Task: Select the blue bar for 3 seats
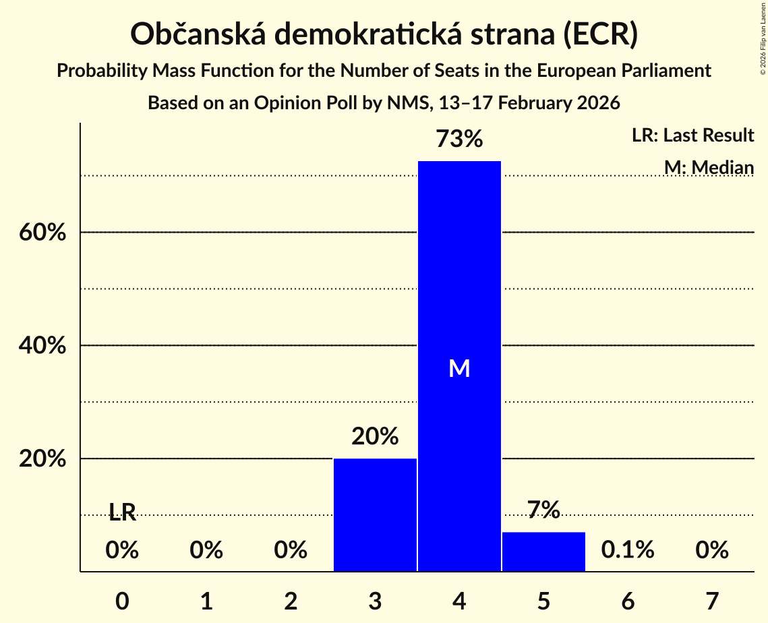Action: tap(375, 515)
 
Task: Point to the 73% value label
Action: tap(459, 140)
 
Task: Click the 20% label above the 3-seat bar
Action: tap(375, 437)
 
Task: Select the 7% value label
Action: tap(543, 510)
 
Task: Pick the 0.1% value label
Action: tap(628, 550)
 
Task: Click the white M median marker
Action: tap(459, 368)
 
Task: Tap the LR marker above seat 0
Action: tap(122, 514)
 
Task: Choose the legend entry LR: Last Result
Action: tap(692, 136)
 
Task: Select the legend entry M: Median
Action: tap(709, 167)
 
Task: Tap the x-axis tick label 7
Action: tap(712, 601)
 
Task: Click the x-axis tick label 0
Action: tap(122, 601)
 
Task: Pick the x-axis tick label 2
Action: tap(291, 601)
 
